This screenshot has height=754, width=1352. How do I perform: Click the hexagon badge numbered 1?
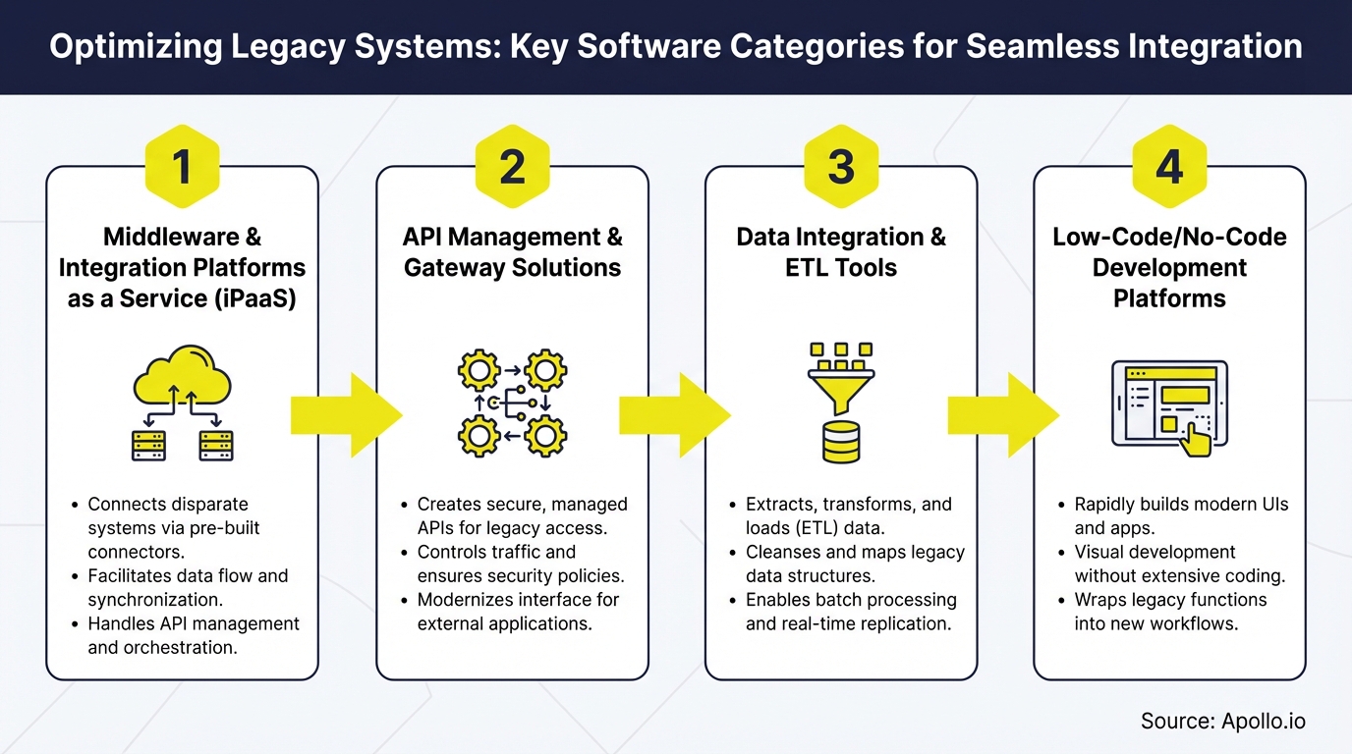pos(182,168)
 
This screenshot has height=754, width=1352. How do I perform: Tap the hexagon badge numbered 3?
pos(841,168)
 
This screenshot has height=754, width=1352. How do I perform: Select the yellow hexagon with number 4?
pos(1169,168)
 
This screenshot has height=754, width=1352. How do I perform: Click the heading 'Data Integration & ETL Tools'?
pos(841,252)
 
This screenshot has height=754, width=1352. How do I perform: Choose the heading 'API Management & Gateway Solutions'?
pos(512,252)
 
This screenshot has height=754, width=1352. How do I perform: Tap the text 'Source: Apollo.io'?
pos(1222,722)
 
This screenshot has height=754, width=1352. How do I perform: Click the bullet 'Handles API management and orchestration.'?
pos(193,635)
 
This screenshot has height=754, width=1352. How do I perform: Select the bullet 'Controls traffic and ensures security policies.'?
pos(520,564)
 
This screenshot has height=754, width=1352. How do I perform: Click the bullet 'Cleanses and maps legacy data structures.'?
pos(854,564)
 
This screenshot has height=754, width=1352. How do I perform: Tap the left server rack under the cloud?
pos(148,445)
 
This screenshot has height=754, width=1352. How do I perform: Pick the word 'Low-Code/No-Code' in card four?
pos(1169,237)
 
